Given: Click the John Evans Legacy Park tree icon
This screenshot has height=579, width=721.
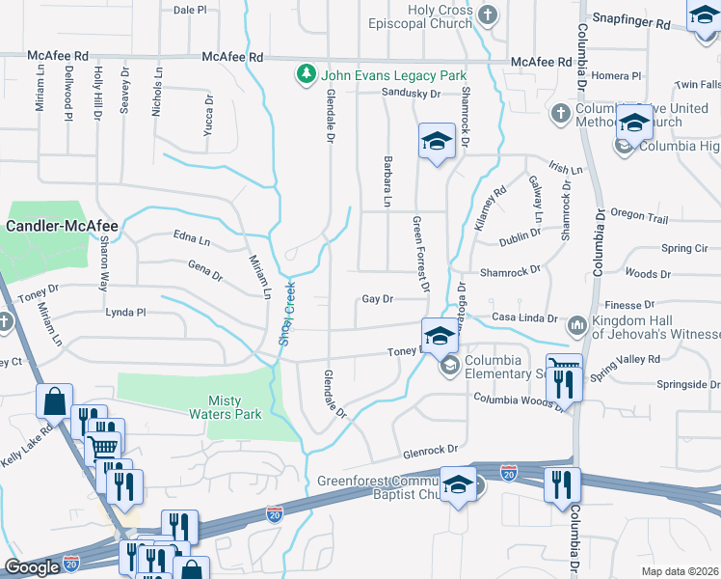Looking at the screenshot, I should (306, 75).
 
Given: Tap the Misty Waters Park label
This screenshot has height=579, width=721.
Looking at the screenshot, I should (235, 407).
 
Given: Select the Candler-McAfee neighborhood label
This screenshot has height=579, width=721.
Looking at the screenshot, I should (62, 226).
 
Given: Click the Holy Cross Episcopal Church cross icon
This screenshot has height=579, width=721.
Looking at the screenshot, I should (489, 14).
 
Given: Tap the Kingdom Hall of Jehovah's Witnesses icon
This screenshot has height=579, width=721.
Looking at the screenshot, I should (577, 325).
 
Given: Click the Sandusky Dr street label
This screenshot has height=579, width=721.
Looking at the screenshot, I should (411, 94).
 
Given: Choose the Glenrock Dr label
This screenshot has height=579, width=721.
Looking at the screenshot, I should (429, 449).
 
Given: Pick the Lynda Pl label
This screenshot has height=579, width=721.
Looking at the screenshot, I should (125, 313).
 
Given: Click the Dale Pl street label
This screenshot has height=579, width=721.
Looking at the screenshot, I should (190, 10).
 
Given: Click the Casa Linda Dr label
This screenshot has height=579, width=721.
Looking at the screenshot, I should (524, 317).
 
